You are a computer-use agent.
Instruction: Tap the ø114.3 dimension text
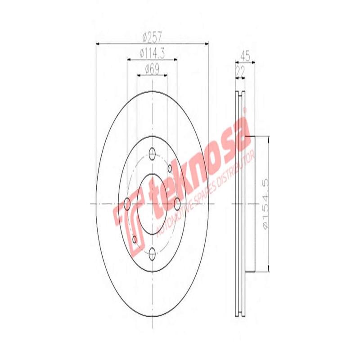[x=152, y=53]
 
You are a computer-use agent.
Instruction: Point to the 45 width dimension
[x=245, y=56]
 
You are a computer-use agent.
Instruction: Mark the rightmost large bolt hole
[x=177, y=204]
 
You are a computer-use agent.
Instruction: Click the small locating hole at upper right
[x=170, y=168]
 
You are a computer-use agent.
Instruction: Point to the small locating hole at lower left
[x=134, y=239]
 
